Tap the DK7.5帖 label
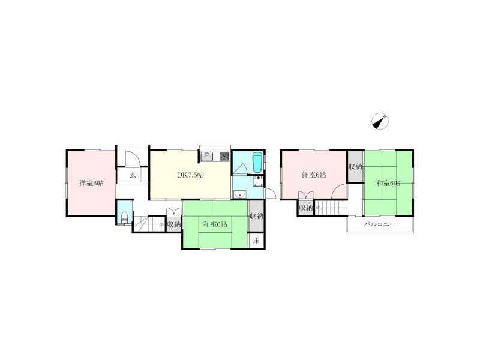pyautogui.click(x=190, y=175)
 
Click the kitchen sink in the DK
pyautogui.click(x=208, y=157)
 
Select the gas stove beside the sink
pyautogui.click(x=224, y=157)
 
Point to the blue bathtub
pyautogui.click(x=257, y=161)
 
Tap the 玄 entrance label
pyautogui.click(x=133, y=175)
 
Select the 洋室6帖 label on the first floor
pyautogui.click(x=91, y=183)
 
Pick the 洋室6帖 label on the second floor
pyautogui.click(x=314, y=175)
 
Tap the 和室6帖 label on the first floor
pyautogui.click(x=215, y=224)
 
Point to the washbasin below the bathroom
pyautogui.click(x=239, y=193)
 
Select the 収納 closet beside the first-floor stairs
pyautogui.click(x=174, y=224)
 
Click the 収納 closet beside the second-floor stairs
pyautogui.click(x=305, y=208)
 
